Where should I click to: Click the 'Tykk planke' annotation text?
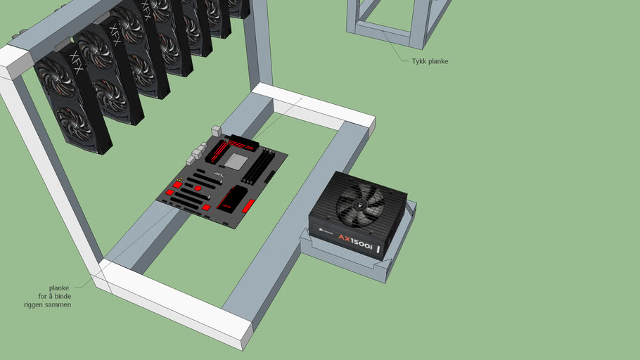pyautogui.click(x=429, y=62)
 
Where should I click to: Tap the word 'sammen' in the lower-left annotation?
pyautogui.click(x=59, y=304)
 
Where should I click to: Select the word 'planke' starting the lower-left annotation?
pyautogui.click(x=59, y=288)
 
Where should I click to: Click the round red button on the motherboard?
pyautogui.click(x=199, y=188)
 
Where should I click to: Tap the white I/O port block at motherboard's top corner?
pyautogui.click(x=215, y=131)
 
